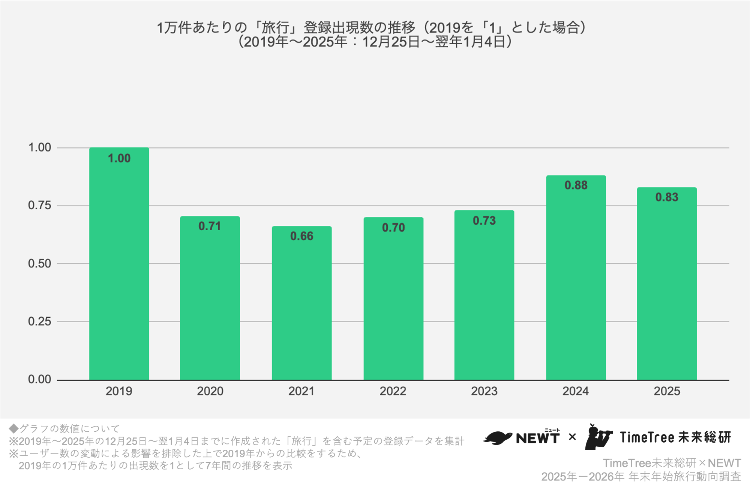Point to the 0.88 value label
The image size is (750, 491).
576,185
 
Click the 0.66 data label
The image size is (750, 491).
301,236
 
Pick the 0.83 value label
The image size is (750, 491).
667,197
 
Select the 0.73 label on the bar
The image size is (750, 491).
484,221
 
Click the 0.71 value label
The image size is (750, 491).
210,226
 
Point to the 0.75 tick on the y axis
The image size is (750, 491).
39,205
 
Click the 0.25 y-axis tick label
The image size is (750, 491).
39,321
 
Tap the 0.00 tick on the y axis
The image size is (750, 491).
39,379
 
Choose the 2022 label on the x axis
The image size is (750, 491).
393,391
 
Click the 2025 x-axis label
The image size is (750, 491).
667,391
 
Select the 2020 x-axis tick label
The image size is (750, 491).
210,391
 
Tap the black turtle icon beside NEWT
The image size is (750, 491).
498,438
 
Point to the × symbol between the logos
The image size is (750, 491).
572,437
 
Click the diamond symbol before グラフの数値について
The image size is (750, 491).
13,428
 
